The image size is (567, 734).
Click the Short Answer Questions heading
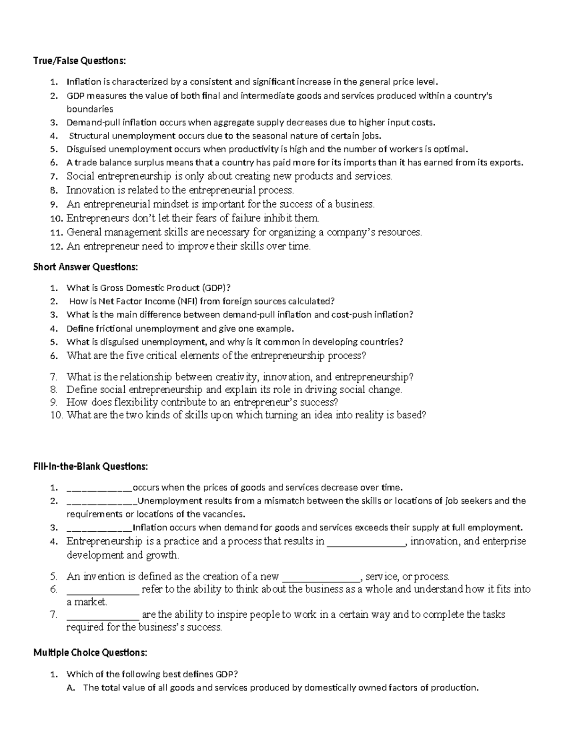point(86,267)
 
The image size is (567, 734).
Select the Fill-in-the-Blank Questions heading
point(91,466)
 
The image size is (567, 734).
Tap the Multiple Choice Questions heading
point(90,653)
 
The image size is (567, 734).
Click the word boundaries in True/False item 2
point(90,109)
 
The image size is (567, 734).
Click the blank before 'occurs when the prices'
point(100,488)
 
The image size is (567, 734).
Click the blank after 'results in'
point(367,542)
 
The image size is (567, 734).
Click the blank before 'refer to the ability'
point(103,589)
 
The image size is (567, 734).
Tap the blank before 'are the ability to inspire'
point(103,615)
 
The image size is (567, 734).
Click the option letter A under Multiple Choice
point(71,688)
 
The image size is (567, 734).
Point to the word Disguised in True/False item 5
point(86,149)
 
